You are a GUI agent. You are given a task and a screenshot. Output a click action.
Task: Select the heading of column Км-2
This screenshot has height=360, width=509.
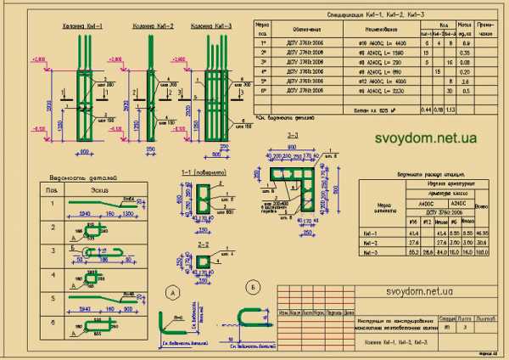(x=153, y=27)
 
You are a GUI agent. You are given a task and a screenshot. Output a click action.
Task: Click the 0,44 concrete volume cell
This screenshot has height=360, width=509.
(x=423, y=110)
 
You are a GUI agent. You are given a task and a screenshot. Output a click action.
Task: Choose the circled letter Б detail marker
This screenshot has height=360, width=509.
(x=253, y=285)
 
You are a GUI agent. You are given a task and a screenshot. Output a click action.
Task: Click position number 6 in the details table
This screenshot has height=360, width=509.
(x=53, y=323)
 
